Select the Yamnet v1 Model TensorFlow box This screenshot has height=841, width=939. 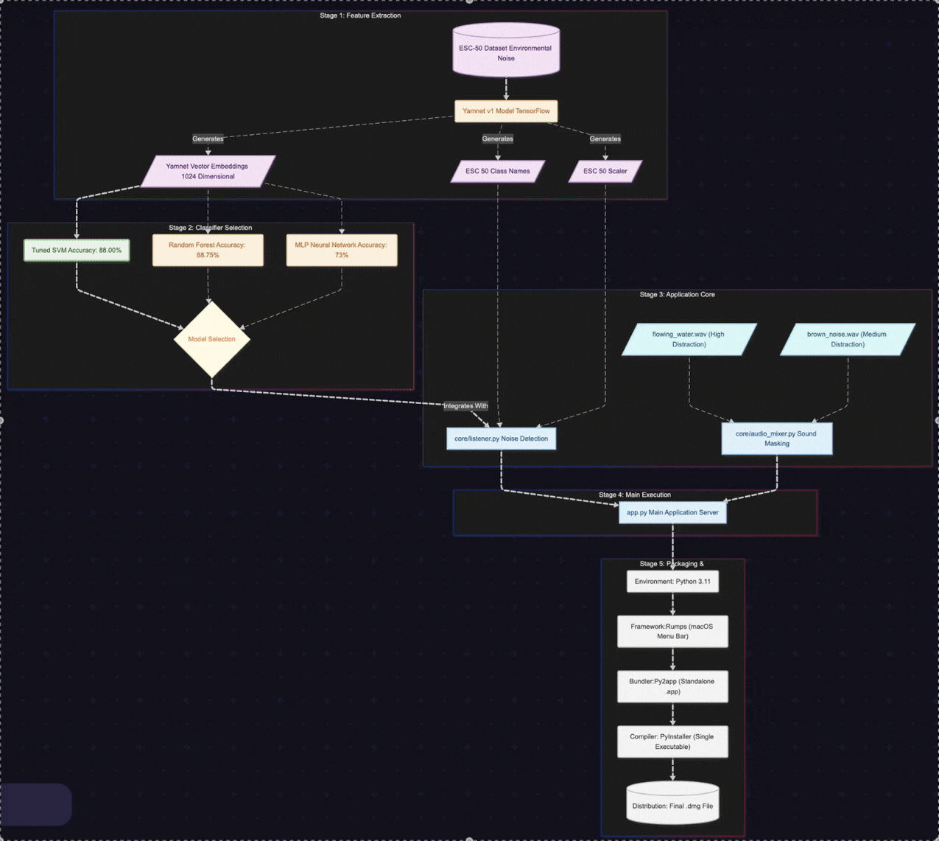pyautogui.click(x=506, y=111)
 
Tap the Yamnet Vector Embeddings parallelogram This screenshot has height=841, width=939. pyautogui.click(x=208, y=171)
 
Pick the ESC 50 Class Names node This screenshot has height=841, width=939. pyautogui.click(x=498, y=171)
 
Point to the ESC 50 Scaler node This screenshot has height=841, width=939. pyautogui.click(x=605, y=171)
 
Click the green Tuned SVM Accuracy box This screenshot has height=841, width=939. pyautogui.click(x=77, y=251)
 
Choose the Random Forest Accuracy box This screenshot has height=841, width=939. pyautogui.click(x=208, y=250)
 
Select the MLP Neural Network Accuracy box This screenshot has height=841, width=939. pyautogui.click(x=342, y=250)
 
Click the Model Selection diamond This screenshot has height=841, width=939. pyautogui.click(x=211, y=339)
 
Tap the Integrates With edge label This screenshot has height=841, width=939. pyautogui.click(x=465, y=406)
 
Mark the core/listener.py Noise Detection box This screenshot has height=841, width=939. pyautogui.click(x=501, y=439)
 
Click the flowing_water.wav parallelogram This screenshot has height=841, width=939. pyautogui.click(x=689, y=339)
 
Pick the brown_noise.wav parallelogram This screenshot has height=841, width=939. pyautogui.click(x=848, y=339)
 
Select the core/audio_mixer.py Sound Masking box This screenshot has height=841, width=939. pyautogui.click(x=776, y=439)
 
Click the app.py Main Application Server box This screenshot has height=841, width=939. pyautogui.click(x=672, y=512)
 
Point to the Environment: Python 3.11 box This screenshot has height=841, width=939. pyautogui.click(x=672, y=582)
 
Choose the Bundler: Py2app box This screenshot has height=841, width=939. pyautogui.click(x=672, y=686)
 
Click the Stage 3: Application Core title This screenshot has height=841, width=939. pyautogui.click(x=677, y=295)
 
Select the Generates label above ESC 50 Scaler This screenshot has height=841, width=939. pyautogui.click(x=605, y=139)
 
